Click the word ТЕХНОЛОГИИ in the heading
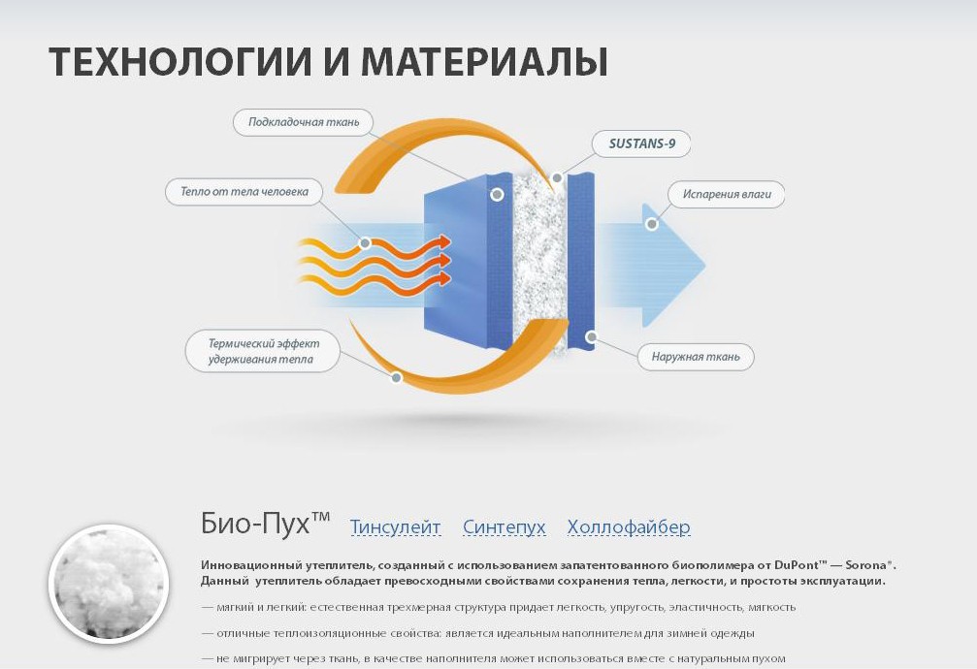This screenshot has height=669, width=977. [180, 62]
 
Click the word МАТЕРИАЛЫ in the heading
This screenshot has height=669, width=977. [484, 63]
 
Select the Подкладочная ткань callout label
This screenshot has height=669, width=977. [304, 122]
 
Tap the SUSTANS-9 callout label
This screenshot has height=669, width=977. [641, 143]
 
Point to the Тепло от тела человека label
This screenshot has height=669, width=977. [244, 191]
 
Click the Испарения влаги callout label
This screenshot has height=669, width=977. [727, 194]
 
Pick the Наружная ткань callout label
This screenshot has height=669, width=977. [696, 357]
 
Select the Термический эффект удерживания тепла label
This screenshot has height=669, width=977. [263, 351]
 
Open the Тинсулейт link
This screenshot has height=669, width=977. [395, 527]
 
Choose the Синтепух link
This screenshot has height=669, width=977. [505, 527]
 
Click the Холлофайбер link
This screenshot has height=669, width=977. [629, 527]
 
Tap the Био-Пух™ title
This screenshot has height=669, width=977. [265, 523]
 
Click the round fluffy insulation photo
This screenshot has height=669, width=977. [109, 584]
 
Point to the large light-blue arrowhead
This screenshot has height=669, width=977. [673, 266]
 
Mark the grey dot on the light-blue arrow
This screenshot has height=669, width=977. [652, 224]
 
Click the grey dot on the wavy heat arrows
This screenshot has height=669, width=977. [365, 243]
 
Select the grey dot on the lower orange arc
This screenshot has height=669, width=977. [396, 377]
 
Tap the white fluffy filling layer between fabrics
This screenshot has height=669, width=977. [539, 262]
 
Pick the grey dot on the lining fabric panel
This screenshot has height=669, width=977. [497, 194]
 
